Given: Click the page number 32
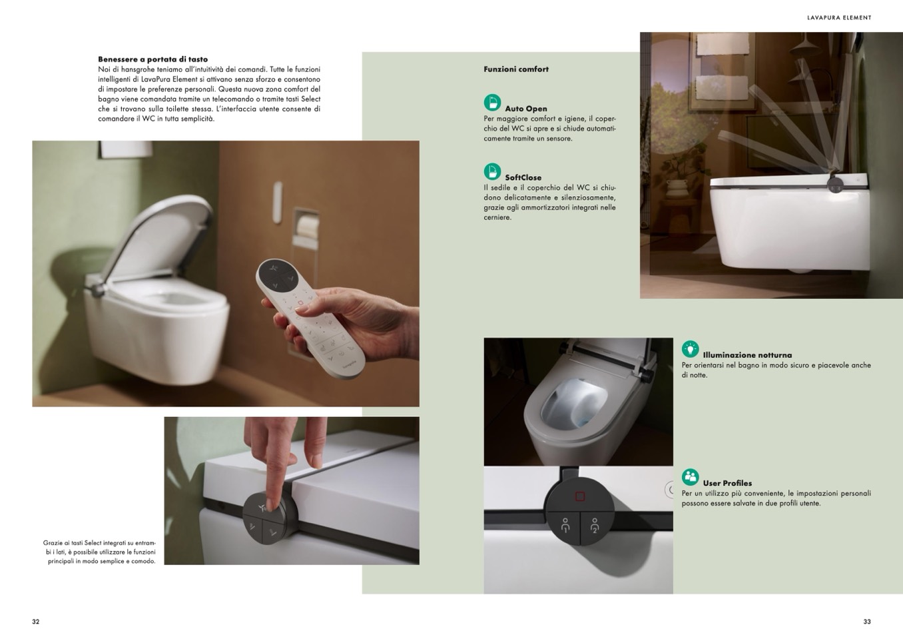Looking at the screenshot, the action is click(36, 622).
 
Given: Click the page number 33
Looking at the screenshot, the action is click(867, 622).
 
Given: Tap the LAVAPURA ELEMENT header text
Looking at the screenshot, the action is click(839, 18).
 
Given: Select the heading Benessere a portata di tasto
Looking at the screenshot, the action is click(152, 59).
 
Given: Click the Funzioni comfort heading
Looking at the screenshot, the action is click(516, 69).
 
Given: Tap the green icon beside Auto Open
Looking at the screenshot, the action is click(492, 103).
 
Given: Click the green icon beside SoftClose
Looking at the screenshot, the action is click(492, 171).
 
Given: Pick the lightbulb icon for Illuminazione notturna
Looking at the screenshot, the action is click(690, 349).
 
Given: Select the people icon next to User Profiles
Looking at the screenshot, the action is click(690, 477).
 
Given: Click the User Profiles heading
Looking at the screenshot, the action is click(727, 483).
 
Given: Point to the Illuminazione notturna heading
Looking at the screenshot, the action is click(747, 355).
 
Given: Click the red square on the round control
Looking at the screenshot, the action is click(580, 496).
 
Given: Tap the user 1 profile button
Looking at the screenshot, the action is click(565, 526).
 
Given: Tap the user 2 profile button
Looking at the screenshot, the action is click(595, 526).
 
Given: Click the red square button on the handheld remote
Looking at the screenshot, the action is click(300, 303).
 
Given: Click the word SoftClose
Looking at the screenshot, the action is click(523, 177).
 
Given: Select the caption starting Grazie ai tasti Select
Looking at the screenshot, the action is click(99, 552).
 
